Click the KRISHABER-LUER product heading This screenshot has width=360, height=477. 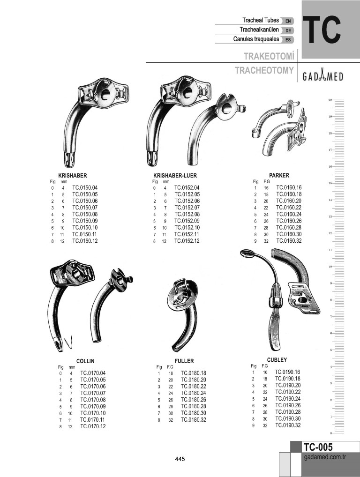coord(175,176)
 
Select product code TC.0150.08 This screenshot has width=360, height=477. coord(85,214)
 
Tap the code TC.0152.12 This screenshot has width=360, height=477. coord(187,241)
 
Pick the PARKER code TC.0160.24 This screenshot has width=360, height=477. coord(289,214)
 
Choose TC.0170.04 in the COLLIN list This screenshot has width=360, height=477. coord(93,373)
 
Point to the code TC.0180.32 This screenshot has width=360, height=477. coord(194,420)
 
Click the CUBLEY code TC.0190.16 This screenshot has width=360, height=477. coord(287,372)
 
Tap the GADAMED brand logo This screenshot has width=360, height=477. coord(322,76)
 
